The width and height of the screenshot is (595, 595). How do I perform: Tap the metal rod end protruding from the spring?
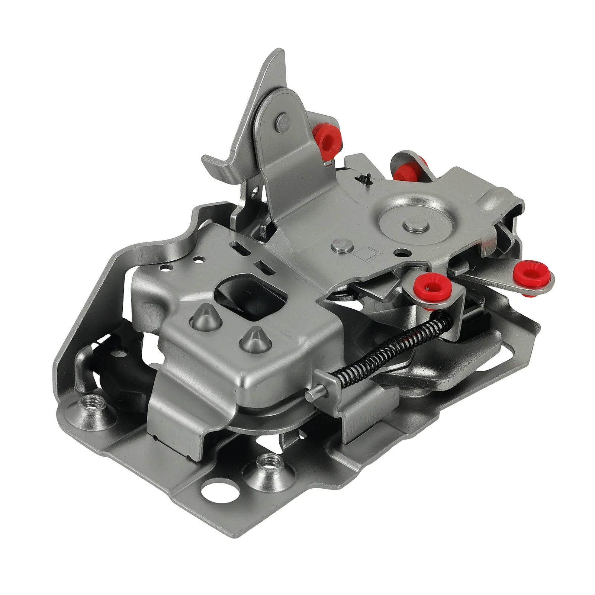tap(312, 393)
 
